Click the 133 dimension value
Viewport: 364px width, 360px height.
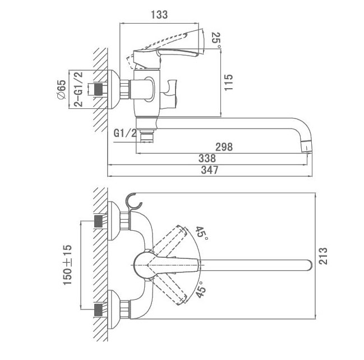(x=159, y=15)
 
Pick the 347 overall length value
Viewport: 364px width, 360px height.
(x=208, y=170)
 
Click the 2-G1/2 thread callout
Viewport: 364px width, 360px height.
(x=79, y=90)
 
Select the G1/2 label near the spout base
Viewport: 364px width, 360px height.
(x=124, y=134)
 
